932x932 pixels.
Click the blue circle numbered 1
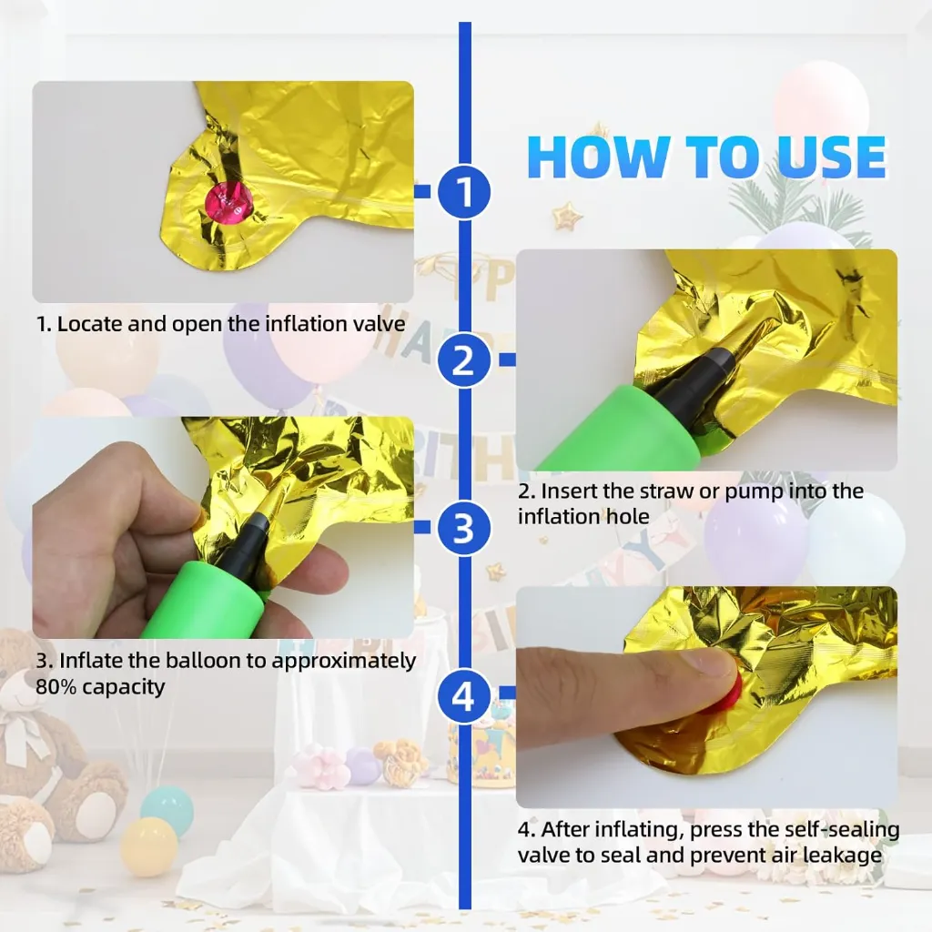[464, 191]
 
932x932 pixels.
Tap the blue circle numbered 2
[464, 360]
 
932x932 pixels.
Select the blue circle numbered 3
[464, 527]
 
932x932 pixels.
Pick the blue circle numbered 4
[464, 695]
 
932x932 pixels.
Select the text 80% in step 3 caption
[56, 687]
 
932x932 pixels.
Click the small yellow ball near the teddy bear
[148, 847]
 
